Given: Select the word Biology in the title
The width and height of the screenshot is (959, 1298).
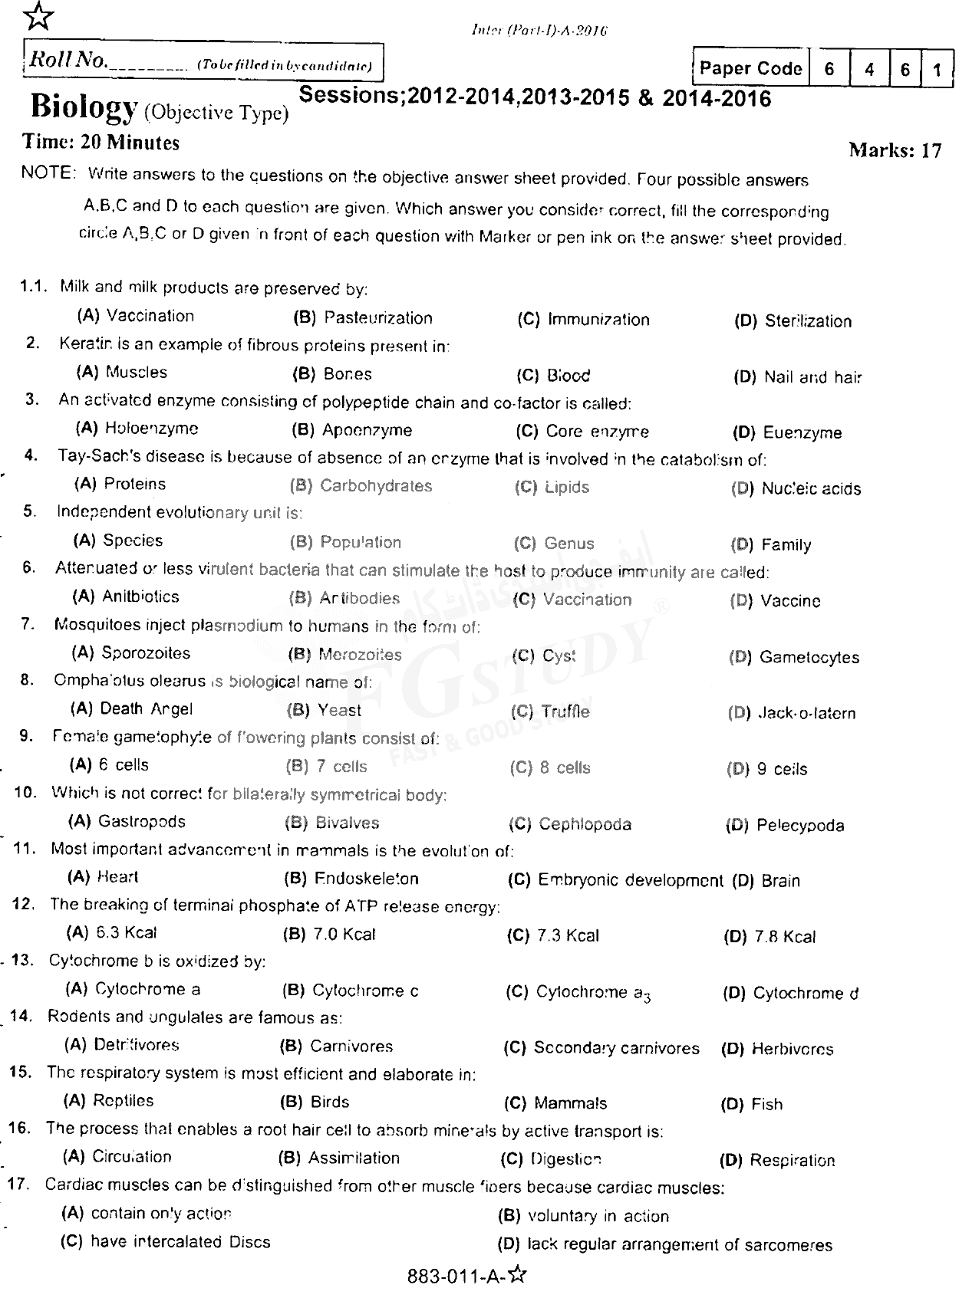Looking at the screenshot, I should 84,107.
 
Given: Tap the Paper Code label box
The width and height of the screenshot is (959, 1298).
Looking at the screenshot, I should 750,69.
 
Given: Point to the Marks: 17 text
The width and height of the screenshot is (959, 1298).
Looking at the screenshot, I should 895,150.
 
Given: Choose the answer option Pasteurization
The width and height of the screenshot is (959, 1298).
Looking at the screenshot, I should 377,318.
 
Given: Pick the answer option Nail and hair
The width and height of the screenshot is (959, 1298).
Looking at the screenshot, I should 812,377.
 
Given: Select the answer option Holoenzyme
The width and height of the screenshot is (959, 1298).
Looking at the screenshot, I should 151,429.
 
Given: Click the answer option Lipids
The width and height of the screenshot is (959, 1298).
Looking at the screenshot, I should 566,488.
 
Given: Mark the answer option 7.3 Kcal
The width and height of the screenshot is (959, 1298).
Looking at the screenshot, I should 568,935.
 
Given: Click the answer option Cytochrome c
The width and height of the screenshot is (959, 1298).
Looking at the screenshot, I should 364,991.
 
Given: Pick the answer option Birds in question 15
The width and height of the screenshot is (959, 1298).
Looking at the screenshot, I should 329,1102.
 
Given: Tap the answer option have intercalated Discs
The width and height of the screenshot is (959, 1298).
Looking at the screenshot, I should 180,1241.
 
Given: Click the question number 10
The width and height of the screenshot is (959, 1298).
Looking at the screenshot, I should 25,792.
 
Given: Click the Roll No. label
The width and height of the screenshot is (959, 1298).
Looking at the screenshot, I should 68,61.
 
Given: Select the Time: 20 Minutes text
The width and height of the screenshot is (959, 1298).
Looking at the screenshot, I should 101,143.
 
